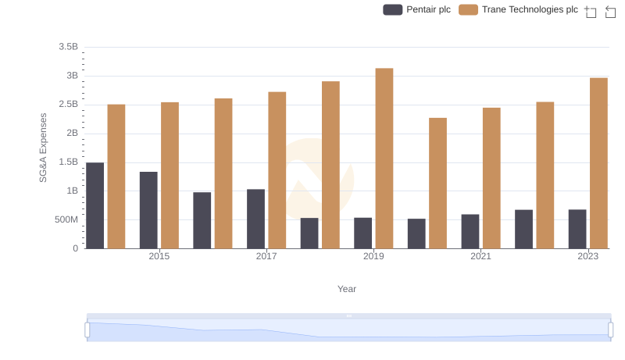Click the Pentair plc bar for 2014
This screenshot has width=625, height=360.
click(x=95, y=205)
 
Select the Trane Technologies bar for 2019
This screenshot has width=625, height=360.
click(x=384, y=159)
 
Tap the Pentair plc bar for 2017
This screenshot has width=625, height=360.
click(x=255, y=219)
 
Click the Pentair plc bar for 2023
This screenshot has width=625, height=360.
click(x=577, y=229)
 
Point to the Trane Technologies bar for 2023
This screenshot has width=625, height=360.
click(x=598, y=163)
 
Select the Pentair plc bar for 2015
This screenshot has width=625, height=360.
click(x=148, y=210)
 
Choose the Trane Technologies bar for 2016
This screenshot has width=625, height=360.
click(x=223, y=173)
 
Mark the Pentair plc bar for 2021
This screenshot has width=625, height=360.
click(x=470, y=231)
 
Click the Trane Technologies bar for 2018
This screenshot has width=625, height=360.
click(x=330, y=165)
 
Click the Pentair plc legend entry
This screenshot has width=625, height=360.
click(x=416, y=9)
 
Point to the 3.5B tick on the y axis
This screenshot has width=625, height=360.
click(x=68, y=47)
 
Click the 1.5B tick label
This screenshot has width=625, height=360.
click(x=68, y=162)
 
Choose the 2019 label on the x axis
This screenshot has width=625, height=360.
click(x=373, y=256)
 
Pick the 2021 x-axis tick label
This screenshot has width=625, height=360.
click(x=480, y=256)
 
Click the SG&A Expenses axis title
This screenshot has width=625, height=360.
click(x=44, y=148)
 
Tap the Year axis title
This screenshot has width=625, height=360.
click(x=347, y=289)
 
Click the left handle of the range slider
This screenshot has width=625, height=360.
click(x=87, y=330)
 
